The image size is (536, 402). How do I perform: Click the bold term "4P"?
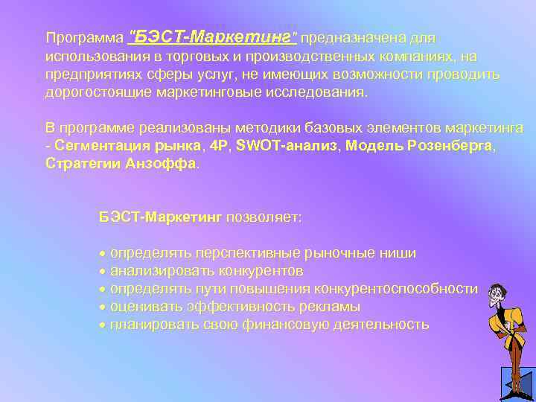[220, 147]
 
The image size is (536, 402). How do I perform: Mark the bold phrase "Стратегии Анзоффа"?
[121, 164]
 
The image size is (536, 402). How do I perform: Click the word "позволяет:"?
[264, 217]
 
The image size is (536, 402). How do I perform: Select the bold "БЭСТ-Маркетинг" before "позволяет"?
[161, 217]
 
